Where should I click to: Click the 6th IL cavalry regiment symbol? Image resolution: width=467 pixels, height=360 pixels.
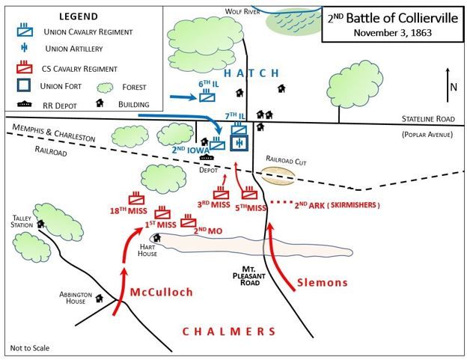207,96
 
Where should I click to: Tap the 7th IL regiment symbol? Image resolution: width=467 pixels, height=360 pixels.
239,128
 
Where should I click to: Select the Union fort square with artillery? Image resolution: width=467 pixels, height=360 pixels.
239,143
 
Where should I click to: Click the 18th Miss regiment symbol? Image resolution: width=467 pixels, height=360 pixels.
136,198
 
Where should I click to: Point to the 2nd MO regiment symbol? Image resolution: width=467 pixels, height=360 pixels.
189,221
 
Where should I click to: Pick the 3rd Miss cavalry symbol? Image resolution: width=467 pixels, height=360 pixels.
222,192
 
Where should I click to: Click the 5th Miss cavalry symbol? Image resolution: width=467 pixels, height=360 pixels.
249,192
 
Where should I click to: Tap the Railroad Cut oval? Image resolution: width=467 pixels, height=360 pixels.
278,176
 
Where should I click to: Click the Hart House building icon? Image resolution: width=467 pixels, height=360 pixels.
156,237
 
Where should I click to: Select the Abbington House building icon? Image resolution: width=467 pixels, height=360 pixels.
100,298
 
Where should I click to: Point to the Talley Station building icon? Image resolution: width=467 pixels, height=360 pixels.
40,224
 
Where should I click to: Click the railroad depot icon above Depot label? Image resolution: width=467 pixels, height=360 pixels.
207,157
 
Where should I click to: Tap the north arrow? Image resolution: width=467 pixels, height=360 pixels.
448,85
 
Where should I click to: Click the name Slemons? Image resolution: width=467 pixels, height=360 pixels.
323,282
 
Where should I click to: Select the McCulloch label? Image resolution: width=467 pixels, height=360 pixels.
162,292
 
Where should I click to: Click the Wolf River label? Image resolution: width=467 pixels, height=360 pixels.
242,12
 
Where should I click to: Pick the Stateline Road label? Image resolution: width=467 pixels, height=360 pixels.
428,119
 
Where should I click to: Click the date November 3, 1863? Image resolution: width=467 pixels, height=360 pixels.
393,32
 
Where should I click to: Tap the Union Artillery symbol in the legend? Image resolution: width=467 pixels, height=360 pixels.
25,48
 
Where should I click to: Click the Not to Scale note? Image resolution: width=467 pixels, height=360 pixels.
30,348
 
